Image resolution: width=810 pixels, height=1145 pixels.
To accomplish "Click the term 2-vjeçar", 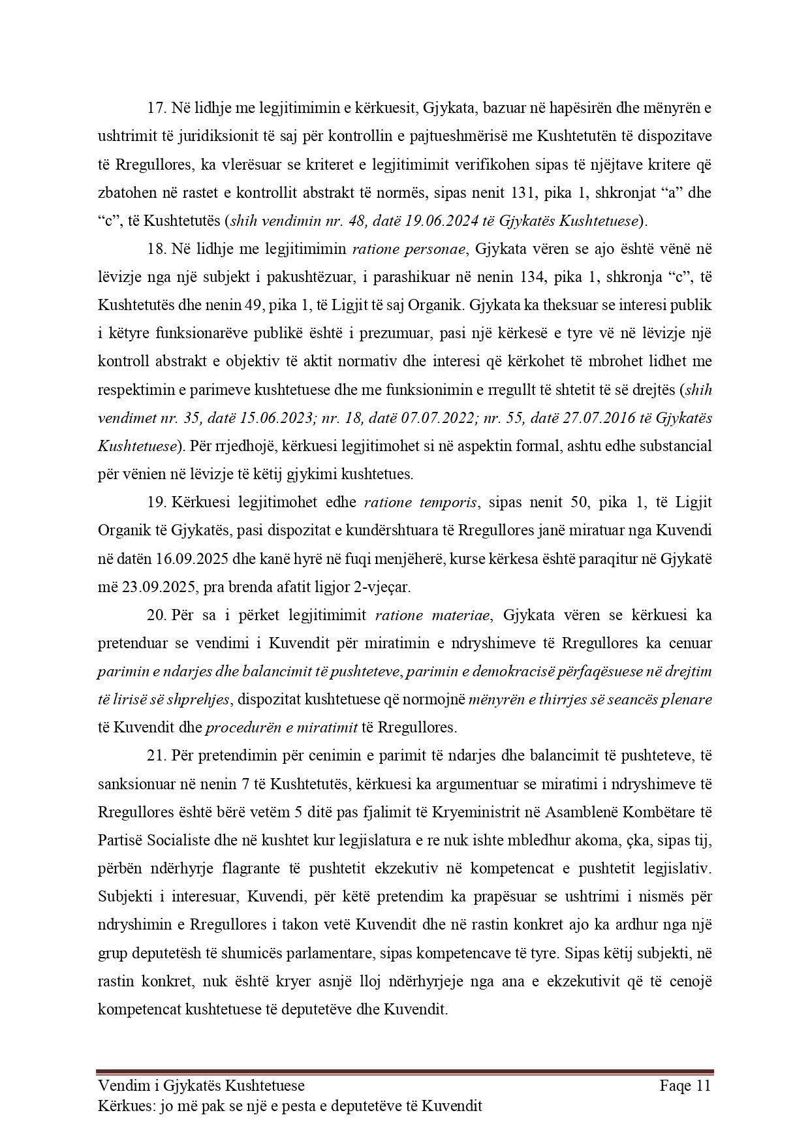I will coord(382,586).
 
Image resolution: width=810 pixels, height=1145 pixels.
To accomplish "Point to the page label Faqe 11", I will coord(685,1086).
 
